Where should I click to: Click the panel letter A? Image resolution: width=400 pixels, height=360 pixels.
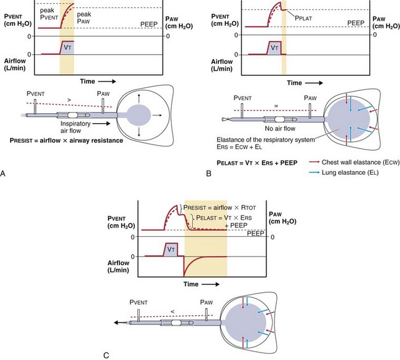click(4, 174)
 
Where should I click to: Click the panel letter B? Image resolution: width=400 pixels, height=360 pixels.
click(208, 174)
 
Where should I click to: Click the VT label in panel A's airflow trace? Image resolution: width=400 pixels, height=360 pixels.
click(67, 47)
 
